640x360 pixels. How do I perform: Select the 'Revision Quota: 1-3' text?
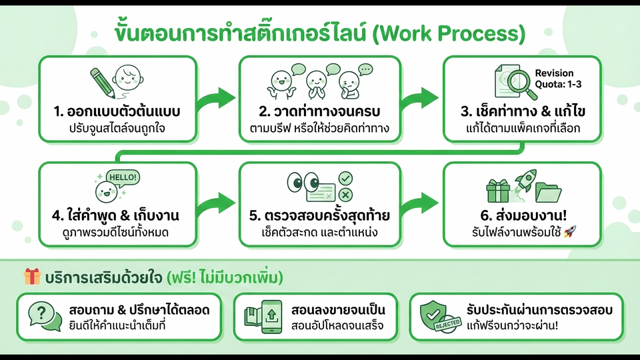coord(554,79)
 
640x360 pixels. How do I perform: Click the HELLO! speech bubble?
coord(123,177)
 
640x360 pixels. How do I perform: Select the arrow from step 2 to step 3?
coord(421,97)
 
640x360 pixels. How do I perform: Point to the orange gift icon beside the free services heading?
coord(32,276)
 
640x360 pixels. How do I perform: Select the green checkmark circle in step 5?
coord(345,178)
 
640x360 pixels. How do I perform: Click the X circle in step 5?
coord(345,194)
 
